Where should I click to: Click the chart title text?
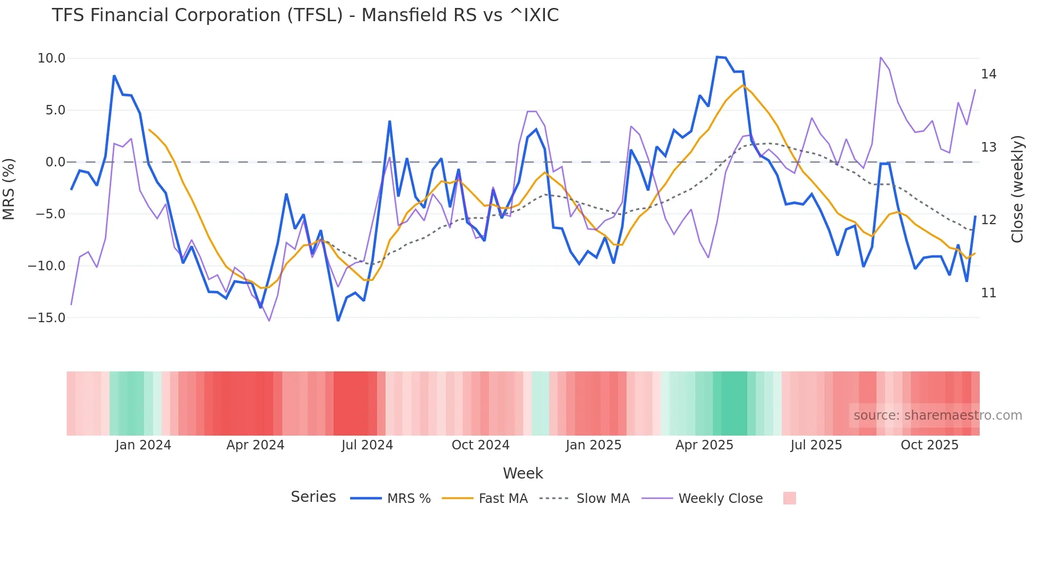tap(305, 15)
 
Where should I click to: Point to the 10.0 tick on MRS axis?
tap(51, 58)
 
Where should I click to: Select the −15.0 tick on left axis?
tap(47, 318)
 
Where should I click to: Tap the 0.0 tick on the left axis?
tap(55, 162)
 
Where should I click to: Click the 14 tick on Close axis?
tap(988, 74)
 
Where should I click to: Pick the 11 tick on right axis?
tap(988, 293)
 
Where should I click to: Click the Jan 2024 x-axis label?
tap(143, 445)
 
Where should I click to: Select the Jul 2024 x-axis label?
tap(367, 445)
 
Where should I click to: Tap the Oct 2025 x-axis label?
tap(929, 445)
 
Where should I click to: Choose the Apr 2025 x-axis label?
tap(704, 445)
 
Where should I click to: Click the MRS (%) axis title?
tap(9, 189)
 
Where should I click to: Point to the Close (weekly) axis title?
tap(1017, 189)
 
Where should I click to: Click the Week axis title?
tap(523, 473)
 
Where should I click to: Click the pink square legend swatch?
tap(789, 498)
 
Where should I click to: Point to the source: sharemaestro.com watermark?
tap(937, 415)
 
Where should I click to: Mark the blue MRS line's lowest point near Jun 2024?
tap(338, 320)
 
